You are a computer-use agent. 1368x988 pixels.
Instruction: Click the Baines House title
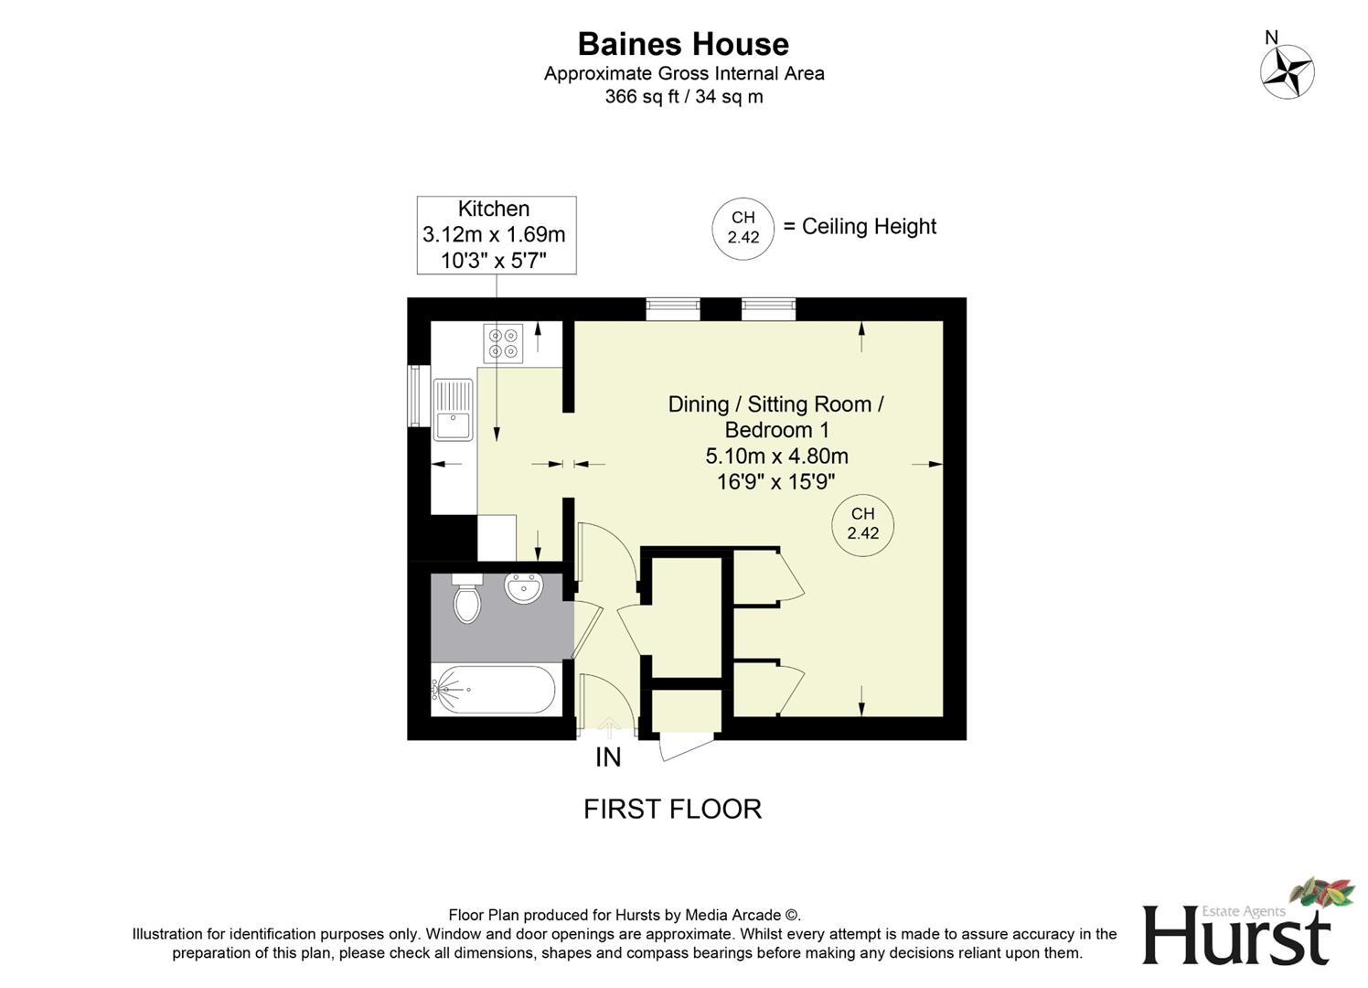point(683,44)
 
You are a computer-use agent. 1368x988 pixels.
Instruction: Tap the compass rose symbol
point(1287,71)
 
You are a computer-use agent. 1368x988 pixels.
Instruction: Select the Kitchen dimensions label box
point(497,235)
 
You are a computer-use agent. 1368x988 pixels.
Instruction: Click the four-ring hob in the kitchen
point(503,343)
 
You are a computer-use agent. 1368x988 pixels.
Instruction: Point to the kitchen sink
point(453,410)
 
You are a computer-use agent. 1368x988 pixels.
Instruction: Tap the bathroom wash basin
point(524,588)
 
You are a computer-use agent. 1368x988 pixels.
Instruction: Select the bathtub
point(493,691)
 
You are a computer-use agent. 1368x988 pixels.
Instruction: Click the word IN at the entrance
point(608,757)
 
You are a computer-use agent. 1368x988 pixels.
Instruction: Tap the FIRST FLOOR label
point(672,809)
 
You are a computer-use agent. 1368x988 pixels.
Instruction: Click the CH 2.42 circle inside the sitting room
point(862,524)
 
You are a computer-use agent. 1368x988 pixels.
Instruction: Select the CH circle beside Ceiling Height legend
point(743,228)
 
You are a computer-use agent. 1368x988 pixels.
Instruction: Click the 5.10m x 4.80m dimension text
point(776,456)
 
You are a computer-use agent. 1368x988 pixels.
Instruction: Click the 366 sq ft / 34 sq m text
point(683,97)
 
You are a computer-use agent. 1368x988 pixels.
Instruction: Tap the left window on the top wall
point(673,309)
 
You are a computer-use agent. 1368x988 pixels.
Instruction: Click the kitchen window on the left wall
point(418,395)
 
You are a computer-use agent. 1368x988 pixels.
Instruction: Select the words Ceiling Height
point(869,227)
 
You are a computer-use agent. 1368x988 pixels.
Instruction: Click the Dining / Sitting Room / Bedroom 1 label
point(775,416)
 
